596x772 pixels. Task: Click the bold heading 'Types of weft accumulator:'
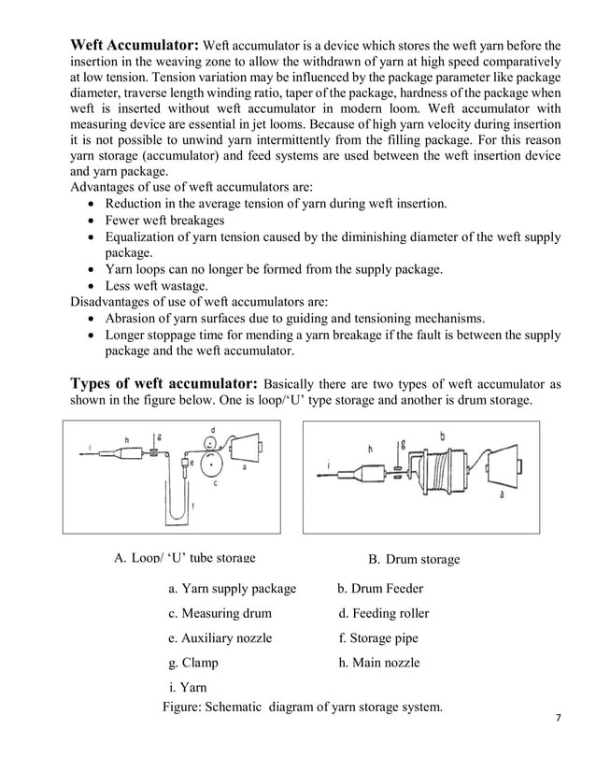click(165, 384)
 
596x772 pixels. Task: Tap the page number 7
click(558, 718)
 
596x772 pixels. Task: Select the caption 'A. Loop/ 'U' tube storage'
click(184, 558)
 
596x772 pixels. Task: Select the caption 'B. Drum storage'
click(413, 559)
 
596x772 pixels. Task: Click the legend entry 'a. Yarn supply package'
click(232, 589)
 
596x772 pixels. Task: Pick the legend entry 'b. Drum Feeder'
click(380, 589)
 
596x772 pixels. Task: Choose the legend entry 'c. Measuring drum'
click(220, 614)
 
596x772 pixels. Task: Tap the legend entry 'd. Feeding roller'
click(383, 614)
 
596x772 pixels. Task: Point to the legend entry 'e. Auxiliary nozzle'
click(220, 638)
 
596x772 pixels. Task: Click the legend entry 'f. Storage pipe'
click(377, 638)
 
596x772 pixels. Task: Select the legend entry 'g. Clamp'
click(192, 663)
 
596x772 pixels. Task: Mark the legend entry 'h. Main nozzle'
click(378, 663)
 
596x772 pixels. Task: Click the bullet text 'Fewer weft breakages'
click(164, 221)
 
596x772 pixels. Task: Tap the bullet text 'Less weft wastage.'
click(157, 286)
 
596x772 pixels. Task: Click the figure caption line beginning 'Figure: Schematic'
click(302, 707)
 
